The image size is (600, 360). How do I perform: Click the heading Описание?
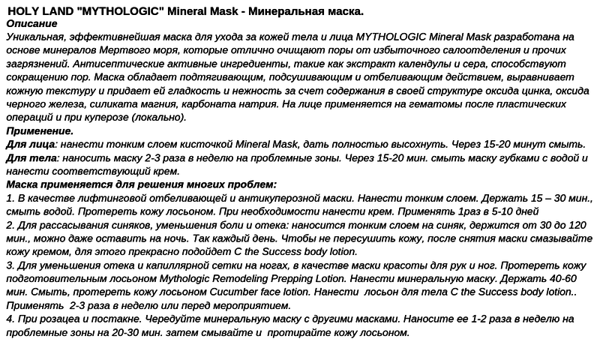click(x=31, y=24)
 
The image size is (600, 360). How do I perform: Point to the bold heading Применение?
click(x=37, y=131)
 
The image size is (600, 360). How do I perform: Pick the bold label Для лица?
click(x=31, y=144)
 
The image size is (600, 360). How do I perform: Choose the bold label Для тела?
click(x=31, y=157)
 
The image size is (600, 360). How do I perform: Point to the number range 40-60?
click(x=571, y=278)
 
